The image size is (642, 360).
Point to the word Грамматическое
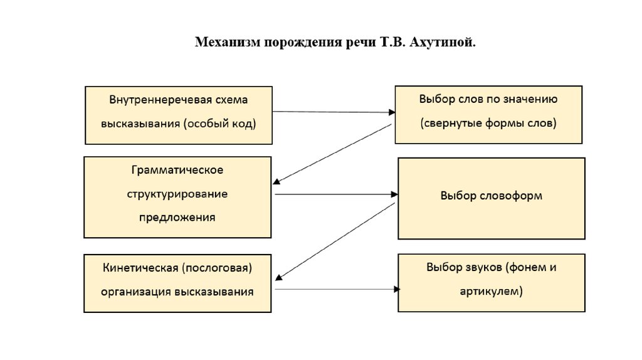coord(177,171)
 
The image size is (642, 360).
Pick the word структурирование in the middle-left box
coord(177,194)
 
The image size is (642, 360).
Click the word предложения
coord(177,218)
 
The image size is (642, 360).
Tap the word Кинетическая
coord(140,268)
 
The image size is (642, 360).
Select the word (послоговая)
coord(217,268)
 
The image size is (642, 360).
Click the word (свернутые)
coord(451,123)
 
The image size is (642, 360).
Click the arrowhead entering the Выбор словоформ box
coord(394,194)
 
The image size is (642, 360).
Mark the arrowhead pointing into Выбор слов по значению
coord(391,112)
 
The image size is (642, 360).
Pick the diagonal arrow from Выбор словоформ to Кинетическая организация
coord(335,241)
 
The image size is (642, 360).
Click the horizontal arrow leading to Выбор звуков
coord(335,289)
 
